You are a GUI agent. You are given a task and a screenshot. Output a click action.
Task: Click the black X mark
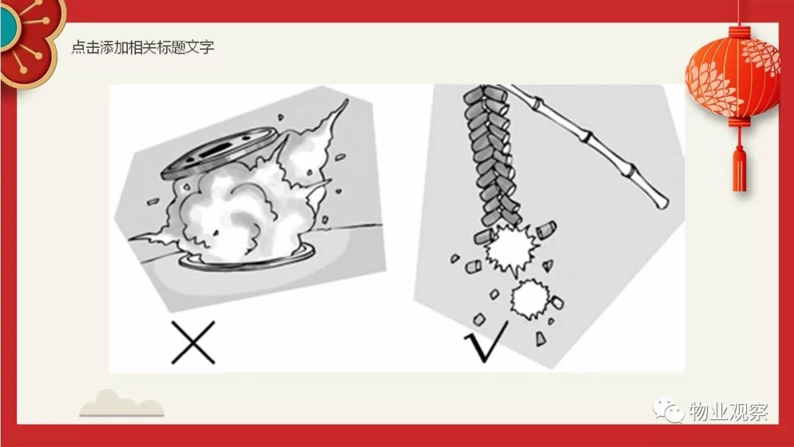coord(193,343)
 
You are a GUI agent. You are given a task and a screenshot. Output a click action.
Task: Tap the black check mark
coord(484,343)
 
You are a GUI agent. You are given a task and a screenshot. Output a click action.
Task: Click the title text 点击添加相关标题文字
coord(143,47)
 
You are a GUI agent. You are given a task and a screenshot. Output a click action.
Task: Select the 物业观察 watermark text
coord(729,411)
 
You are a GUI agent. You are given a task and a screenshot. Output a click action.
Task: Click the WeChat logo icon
coord(668,410)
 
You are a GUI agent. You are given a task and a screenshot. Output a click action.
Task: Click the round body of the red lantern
coord(733,76)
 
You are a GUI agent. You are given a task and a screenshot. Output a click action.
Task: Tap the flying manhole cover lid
coord(219,152)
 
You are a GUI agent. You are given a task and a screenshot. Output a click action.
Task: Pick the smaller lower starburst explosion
coord(529,298)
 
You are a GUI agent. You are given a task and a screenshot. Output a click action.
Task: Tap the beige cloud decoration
coord(121,404)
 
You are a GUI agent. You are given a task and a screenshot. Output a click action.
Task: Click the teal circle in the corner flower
coord(8,26)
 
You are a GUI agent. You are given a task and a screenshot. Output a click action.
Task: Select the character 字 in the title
coord(207,47)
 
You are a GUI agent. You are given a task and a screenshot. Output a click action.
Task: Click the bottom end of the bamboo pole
coord(662,204)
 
